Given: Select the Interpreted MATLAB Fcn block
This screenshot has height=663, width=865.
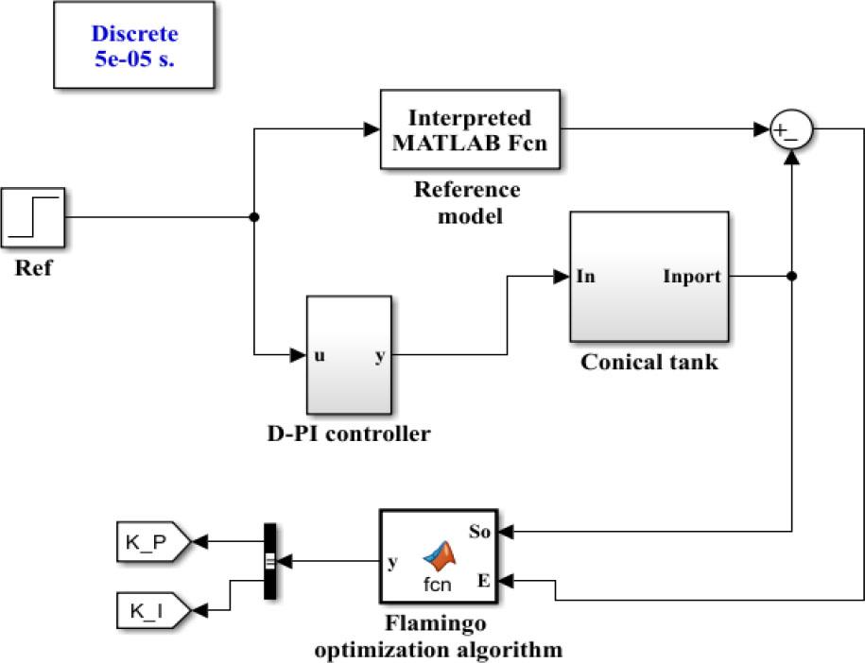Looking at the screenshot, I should [x=470, y=130].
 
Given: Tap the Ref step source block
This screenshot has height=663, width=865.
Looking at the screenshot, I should [x=33, y=217].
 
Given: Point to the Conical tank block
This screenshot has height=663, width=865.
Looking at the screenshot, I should [x=649, y=276].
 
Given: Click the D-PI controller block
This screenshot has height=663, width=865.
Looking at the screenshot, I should [x=348, y=357].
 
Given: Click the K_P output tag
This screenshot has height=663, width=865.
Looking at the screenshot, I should [x=152, y=541].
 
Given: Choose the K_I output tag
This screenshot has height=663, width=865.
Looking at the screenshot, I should [x=152, y=609].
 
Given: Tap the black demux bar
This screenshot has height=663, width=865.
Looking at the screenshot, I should [x=268, y=562].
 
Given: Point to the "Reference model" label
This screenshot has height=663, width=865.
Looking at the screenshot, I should [x=467, y=202].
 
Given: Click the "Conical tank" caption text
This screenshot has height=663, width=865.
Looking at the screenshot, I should [x=649, y=362].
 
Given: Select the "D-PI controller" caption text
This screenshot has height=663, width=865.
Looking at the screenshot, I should [x=349, y=434].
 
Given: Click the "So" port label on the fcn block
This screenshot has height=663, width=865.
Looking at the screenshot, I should [x=480, y=532].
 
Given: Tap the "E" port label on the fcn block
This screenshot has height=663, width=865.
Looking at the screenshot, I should [x=483, y=581].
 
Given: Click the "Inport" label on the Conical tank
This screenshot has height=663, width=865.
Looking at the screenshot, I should [x=693, y=277].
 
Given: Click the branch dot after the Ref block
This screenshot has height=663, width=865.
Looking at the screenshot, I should [x=254, y=217].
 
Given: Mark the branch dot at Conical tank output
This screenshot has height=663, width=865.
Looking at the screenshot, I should [x=790, y=276].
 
